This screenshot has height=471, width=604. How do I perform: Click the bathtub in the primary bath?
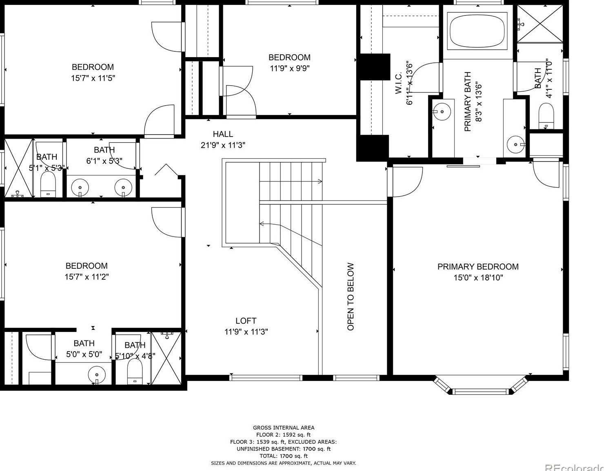(477, 31)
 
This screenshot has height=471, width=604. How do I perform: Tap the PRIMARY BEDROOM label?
(478, 267)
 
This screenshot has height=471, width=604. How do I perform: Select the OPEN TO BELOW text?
(351, 296)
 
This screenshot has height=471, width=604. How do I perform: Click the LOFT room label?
(246, 321)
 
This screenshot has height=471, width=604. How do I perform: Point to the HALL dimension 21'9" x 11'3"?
(223, 145)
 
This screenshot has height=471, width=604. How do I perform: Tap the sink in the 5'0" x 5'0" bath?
(97, 374)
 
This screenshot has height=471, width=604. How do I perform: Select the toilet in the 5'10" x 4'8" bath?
(134, 373)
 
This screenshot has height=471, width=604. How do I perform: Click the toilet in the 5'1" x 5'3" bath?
(48, 185)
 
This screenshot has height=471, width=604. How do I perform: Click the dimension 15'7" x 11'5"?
(93, 78)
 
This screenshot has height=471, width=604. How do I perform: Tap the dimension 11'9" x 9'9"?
(290, 68)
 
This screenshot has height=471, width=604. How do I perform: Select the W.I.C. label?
(399, 83)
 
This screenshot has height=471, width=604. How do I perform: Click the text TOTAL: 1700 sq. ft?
(283, 456)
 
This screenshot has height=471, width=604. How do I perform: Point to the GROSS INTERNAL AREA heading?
(284, 427)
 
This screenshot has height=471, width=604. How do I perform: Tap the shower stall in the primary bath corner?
(540, 24)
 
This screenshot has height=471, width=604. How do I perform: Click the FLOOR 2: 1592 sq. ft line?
(283, 435)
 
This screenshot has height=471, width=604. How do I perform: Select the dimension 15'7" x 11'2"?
(87, 277)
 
